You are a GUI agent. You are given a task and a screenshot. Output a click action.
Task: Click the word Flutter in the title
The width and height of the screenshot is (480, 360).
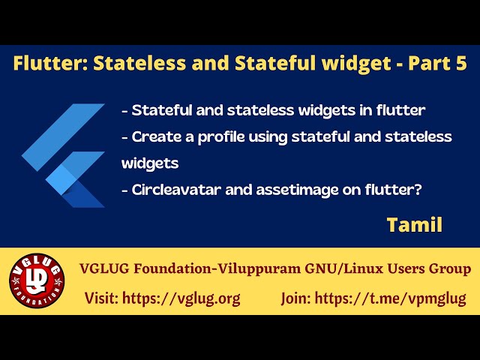coord(45,64)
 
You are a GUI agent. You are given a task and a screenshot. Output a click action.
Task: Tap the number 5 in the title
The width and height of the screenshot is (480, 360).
coord(459,64)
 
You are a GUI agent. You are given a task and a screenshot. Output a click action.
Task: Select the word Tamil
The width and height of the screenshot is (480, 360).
coord(414,224)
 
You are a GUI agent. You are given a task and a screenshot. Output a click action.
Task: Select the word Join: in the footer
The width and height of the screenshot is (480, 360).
coord(296,298)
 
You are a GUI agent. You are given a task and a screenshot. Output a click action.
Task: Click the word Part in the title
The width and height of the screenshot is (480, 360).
coord(427,64)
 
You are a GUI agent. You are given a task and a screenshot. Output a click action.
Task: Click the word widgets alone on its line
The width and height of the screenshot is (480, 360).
coord(150,163)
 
